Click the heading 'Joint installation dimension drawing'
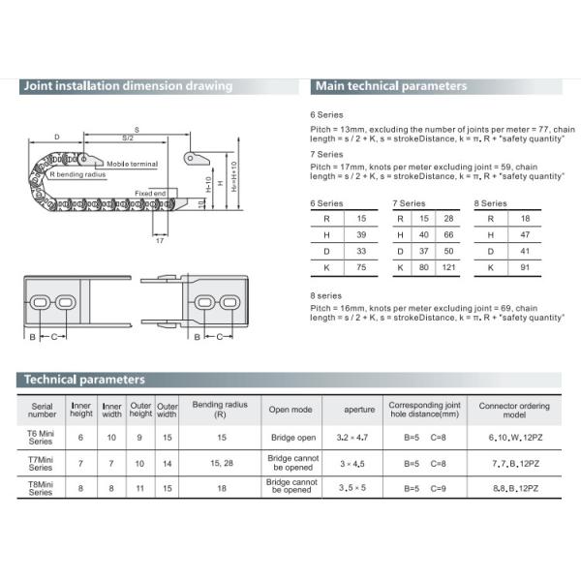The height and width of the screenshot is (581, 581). [128, 86]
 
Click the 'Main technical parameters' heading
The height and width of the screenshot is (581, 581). [391, 86]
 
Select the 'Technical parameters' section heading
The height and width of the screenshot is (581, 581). [85, 380]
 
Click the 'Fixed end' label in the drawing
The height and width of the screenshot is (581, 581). [150, 194]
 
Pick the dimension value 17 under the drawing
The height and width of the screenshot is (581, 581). [159, 240]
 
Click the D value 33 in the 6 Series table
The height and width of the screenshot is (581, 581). [361, 251]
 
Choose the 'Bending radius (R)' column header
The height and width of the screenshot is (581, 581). [221, 409]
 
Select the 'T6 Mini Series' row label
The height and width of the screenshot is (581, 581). [42, 437]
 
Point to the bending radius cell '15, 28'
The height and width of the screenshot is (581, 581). [221, 462]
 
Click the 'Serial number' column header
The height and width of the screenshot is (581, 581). [42, 409]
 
